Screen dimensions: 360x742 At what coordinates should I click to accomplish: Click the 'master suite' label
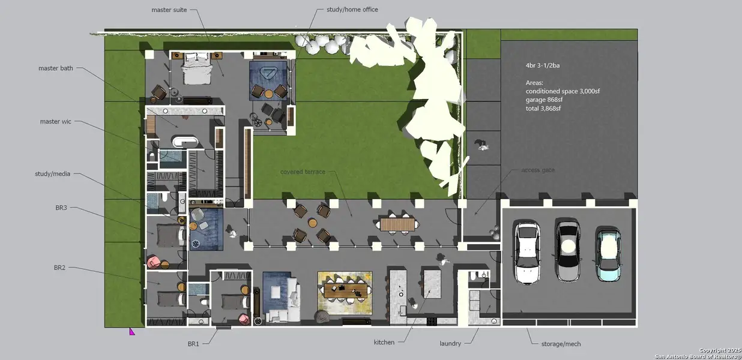point(169,10)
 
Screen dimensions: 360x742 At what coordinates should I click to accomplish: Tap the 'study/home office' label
point(352,10)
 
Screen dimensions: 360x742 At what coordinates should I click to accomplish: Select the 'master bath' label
point(56,68)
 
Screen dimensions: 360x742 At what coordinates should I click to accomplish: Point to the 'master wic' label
point(55,122)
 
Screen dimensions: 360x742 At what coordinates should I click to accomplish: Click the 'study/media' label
point(53,174)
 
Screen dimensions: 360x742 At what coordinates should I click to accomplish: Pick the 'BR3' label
point(61,207)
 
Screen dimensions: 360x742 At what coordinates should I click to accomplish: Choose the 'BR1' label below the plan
point(193,344)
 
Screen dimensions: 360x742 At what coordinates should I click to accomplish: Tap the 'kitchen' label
point(384,343)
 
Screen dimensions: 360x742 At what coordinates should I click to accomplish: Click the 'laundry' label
point(450,344)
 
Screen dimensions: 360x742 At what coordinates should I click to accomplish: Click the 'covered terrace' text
point(303,172)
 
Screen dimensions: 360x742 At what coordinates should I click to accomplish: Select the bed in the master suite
point(198,69)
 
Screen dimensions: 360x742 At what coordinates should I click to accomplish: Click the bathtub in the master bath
point(185,142)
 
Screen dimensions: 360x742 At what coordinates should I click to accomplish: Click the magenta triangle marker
point(132,331)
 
